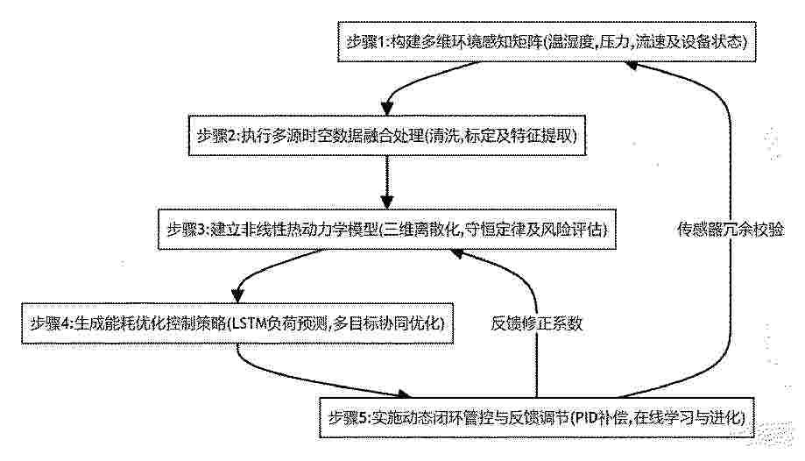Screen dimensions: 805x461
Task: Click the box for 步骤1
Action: [547, 41]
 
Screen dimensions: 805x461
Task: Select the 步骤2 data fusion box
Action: [387, 136]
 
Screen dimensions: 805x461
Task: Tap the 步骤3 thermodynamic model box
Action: [386, 230]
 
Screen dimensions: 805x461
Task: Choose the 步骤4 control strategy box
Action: [237, 323]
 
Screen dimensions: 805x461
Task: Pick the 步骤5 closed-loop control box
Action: [537, 417]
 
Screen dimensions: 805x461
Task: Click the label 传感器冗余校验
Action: [730, 230]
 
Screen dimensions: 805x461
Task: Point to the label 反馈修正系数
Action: [537, 323]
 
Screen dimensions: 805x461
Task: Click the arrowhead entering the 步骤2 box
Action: [387, 109]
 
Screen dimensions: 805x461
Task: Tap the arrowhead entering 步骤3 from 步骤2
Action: [387, 202]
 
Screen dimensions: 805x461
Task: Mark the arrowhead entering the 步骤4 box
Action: [237, 296]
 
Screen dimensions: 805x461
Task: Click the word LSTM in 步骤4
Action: [249, 323]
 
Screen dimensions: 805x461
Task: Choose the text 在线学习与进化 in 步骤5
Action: [687, 417]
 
